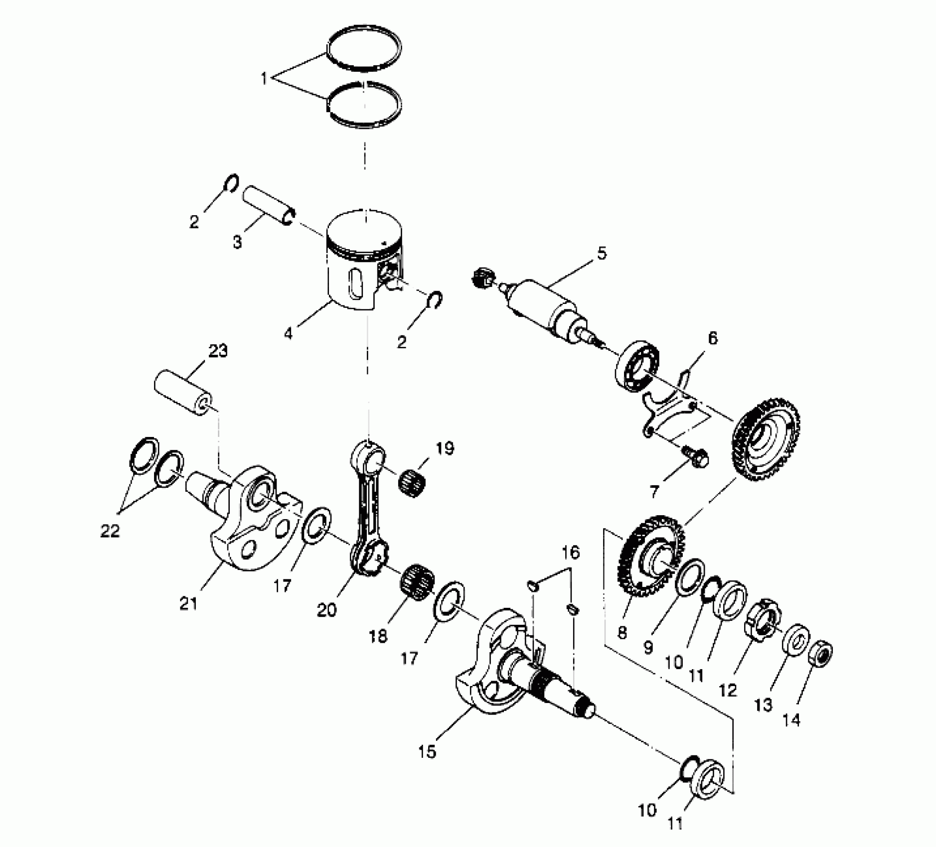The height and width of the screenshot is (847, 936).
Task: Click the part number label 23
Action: click(218, 351)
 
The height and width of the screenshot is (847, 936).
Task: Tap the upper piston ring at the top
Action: click(364, 50)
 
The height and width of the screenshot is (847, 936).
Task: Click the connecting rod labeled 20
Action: click(368, 513)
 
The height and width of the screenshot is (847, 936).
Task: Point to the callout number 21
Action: click(189, 603)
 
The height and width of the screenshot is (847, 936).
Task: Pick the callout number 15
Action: click(428, 751)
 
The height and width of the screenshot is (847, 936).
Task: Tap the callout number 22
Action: click(110, 531)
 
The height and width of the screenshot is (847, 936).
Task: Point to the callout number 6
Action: click(713, 339)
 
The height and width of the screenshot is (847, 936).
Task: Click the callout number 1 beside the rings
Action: click(264, 78)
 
